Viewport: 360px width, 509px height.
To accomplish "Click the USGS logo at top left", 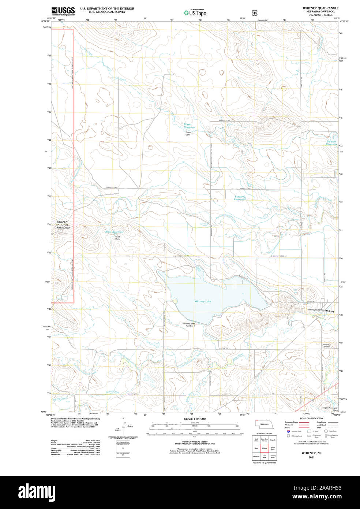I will click(63, 11).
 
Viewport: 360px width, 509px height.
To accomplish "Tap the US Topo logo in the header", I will click(195, 13).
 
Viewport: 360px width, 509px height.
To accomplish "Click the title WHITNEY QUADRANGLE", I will click(320, 8).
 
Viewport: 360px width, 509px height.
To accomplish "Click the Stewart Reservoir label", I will click(239, 198).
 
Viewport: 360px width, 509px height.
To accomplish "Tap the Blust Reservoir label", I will click(114, 232).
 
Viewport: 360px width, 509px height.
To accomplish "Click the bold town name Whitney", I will click(330, 311).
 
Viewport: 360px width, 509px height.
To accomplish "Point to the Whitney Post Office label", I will click(316, 310).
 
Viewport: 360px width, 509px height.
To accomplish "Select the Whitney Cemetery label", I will click(326, 346).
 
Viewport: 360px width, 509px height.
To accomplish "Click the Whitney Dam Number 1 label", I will click(188, 324).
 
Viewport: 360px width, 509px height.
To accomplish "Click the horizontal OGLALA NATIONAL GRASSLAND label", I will click(62, 225).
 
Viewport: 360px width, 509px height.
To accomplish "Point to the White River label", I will click(238, 358).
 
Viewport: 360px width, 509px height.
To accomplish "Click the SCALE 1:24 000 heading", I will click(195, 419).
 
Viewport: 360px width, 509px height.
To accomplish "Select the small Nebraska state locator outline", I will click(263, 424).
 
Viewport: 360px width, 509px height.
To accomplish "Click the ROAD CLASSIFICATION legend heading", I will click(311, 418).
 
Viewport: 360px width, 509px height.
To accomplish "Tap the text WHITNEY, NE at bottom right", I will click(311, 453).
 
